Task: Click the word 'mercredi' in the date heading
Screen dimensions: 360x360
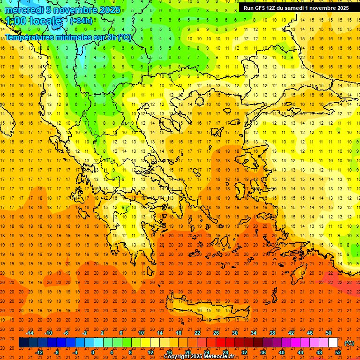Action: point(24,10)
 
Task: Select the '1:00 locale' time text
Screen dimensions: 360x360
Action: point(34,21)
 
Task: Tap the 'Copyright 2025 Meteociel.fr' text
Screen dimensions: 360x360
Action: point(199,357)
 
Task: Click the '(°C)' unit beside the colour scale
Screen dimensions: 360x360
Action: point(349,343)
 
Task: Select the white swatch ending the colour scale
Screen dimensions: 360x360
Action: point(333,343)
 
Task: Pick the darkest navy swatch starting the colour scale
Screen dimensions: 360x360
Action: point(23,343)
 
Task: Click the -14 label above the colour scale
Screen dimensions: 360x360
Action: point(30,333)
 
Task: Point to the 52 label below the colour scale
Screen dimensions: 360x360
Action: point(338,352)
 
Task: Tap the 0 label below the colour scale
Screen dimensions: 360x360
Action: point(93,352)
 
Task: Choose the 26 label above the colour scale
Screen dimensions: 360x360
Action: point(216,333)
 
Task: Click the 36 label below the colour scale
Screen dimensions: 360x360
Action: point(263,352)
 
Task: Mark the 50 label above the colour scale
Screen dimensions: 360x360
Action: point(329,333)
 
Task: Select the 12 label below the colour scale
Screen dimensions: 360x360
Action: point(150,352)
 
